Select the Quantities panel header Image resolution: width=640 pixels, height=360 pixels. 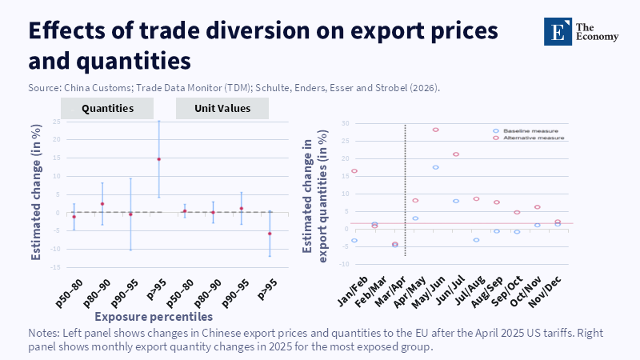tap(107, 108)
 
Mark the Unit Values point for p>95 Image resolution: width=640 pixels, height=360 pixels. tap(270, 234)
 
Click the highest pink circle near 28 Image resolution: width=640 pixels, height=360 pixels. tap(436, 130)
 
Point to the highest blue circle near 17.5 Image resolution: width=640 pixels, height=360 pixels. tap(436, 167)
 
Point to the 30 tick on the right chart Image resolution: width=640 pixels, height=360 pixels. tap(346, 123)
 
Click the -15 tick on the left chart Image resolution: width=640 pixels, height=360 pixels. tap(55, 267)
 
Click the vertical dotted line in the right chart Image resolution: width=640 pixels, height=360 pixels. tap(406, 192)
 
